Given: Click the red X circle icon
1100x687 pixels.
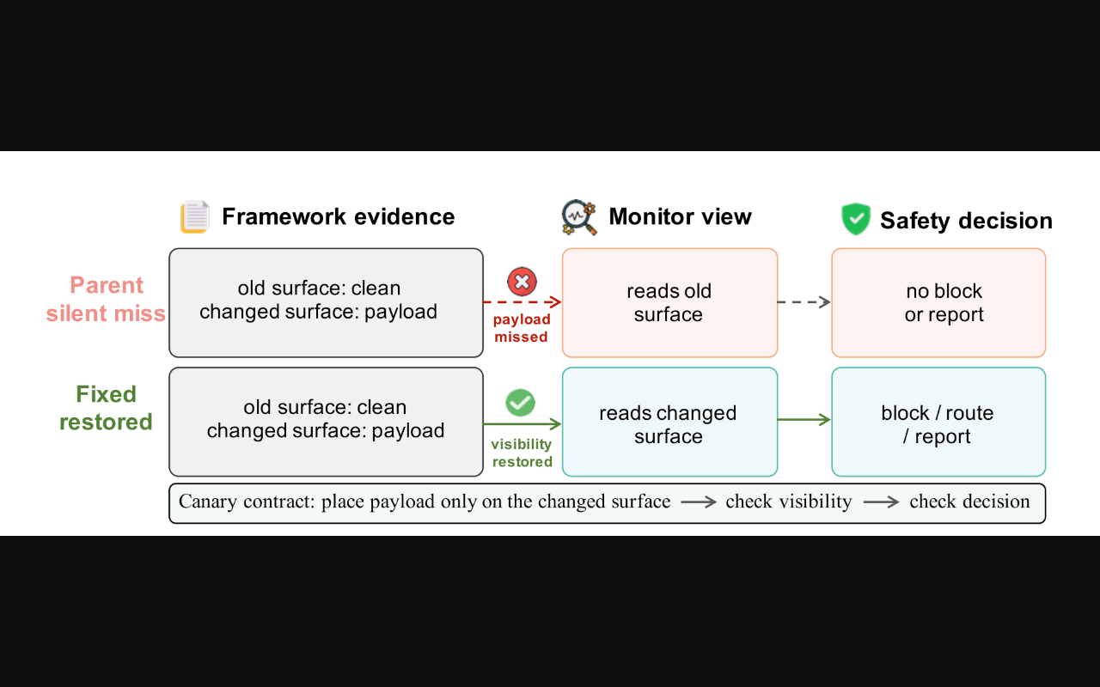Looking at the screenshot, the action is (522, 282).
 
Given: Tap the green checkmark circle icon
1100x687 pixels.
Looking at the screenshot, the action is (520, 403).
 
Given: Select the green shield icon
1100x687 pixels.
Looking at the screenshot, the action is (855, 219).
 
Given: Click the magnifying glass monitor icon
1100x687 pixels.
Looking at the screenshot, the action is (579, 217).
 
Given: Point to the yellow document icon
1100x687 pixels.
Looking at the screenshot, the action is (195, 216).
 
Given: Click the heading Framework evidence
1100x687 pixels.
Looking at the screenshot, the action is (339, 216).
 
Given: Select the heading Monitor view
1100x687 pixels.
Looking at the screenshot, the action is (680, 216).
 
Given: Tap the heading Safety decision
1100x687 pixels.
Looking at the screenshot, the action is (966, 221).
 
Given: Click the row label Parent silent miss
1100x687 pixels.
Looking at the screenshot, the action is (106, 299).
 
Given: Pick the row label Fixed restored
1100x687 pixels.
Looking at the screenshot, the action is (106, 408).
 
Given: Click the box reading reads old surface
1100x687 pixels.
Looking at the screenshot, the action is (669, 303).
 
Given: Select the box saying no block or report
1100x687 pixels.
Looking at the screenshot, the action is (938, 303).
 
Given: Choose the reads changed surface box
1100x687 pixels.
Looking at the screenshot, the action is (669, 422).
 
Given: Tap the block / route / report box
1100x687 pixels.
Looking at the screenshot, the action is (938, 422).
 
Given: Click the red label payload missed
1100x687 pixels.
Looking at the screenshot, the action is (522, 328).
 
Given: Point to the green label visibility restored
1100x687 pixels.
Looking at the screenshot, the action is (522, 453).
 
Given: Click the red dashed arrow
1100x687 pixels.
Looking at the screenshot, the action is (522, 301).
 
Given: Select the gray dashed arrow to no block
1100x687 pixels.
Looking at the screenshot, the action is (804, 301).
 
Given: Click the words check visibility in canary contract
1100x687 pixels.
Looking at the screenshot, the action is (789, 502).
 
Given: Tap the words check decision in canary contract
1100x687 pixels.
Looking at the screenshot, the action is (970, 502).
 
